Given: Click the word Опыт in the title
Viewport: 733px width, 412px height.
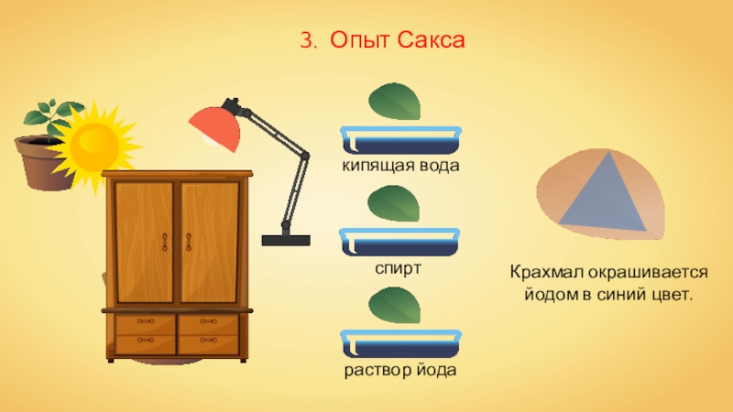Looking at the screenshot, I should (x=358, y=41).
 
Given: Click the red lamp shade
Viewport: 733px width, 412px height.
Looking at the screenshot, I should (x=214, y=128).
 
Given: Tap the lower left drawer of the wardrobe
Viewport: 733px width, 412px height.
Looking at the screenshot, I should (x=144, y=344).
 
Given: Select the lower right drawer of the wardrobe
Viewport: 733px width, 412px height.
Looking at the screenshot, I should (x=208, y=344).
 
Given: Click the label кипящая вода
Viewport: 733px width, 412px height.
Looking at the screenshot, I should (x=399, y=166).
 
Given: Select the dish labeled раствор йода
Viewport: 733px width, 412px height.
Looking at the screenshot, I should (x=399, y=346).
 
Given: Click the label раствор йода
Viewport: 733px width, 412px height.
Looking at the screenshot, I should (x=399, y=371).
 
